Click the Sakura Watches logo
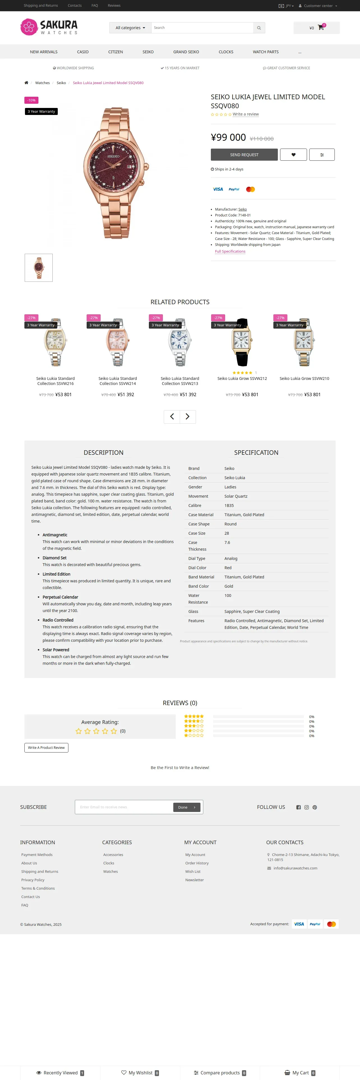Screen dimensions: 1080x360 [x=49, y=27]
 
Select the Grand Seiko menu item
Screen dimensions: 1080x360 [x=186, y=52]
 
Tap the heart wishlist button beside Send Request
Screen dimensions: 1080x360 [x=293, y=155]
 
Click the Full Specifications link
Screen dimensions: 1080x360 [x=230, y=251]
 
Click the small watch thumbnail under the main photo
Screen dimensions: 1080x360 [x=39, y=267]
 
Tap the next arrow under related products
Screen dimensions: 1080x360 [x=187, y=416]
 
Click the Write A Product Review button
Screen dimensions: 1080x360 [x=46, y=747]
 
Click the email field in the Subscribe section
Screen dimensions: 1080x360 [x=124, y=807]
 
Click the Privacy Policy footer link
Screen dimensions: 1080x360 [x=33, y=880]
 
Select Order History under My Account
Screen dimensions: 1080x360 [x=197, y=863]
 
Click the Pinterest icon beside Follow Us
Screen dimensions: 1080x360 [x=315, y=807]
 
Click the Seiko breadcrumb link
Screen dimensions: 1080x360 [x=61, y=83]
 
